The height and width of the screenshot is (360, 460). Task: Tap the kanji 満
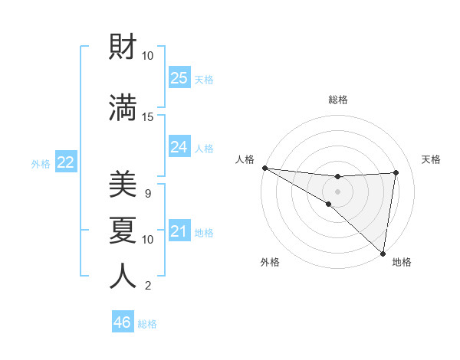[123, 106]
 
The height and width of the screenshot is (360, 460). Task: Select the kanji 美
[123, 184]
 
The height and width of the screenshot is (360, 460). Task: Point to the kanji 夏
[123, 230]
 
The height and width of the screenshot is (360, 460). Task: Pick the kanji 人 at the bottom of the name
[123, 276]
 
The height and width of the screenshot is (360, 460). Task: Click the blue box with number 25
[179, 78]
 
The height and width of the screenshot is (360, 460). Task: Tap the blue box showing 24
[179, 146]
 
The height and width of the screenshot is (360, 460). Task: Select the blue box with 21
[179, 231]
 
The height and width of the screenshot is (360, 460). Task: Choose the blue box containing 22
[66, 162]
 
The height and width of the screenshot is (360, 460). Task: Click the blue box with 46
[123, 322]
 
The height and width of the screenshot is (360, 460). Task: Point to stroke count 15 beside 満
[148, 117]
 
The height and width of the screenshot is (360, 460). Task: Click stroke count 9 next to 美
[148, 193]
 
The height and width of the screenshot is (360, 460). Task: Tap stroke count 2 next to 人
[148, 286]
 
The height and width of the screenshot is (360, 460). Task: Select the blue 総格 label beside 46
[148, 324]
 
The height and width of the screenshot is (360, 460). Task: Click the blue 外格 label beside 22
[41, 164]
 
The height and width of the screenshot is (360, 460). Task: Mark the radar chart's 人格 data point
[264, 167]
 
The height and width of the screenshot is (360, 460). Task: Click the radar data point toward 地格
[382, 253]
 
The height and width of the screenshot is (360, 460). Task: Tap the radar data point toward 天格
[396, 173]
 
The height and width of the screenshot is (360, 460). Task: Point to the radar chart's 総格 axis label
[337, 100]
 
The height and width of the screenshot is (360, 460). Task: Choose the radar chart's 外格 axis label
[270, 263]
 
